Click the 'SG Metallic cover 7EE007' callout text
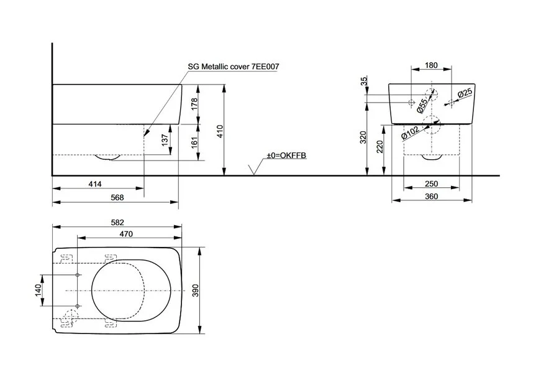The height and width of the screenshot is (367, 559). point(229,66)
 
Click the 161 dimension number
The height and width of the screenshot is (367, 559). point(194,142)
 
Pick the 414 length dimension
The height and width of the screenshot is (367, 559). point(94,184)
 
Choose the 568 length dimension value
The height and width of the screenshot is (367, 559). point(117,197)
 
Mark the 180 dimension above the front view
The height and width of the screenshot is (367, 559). point(432,65)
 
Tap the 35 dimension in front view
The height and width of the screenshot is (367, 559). point(364,81)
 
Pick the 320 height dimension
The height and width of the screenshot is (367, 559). point(364,137)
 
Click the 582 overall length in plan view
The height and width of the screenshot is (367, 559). point(117,221)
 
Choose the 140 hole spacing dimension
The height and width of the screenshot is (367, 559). point(38,290)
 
